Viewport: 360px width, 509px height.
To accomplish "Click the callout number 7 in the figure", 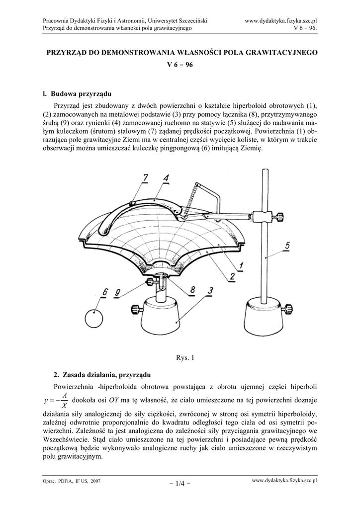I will [x=145, y=177].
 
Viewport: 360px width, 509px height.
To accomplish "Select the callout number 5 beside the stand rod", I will [x=289, y=245].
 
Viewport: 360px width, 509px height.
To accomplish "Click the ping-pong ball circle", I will [x=94, y=318].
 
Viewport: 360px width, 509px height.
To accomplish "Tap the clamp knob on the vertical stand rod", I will [x=280, y=217].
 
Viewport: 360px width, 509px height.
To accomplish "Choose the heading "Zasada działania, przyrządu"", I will [x=104, y=374].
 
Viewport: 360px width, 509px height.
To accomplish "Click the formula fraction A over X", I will [x=65, y=400].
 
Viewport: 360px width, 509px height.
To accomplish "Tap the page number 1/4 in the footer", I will [x=180, y=482].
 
